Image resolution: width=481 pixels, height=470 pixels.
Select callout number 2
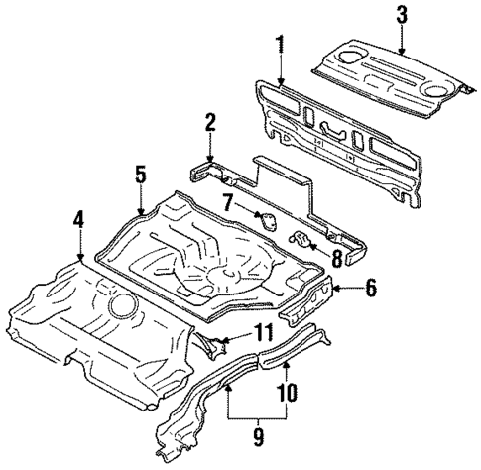coord(209,123)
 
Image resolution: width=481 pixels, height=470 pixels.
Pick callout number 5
coord(141,175)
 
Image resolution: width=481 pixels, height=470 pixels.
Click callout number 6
coord(370,289)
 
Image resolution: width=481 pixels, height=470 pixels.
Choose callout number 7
coord(229,204)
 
